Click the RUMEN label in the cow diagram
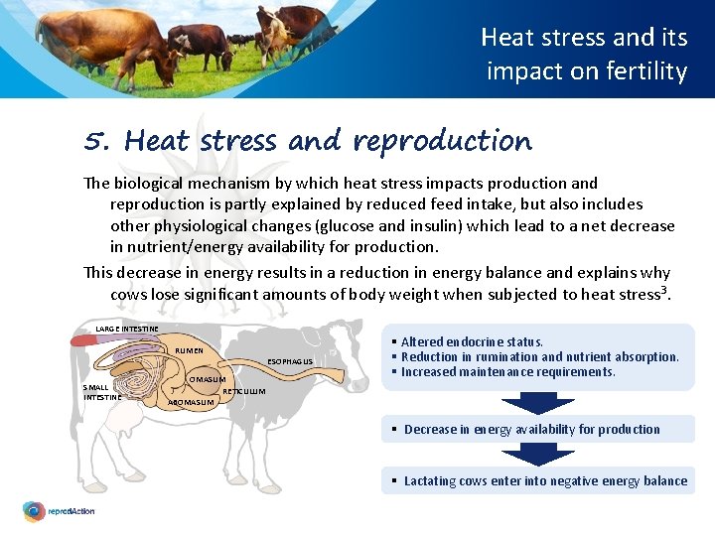189,350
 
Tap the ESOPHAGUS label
291,361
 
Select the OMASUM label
208,379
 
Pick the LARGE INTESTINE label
126,329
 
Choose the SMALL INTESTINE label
102,392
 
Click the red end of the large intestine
80,340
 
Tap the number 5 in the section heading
96,141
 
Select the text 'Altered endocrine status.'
472,341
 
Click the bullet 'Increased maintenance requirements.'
508,372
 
